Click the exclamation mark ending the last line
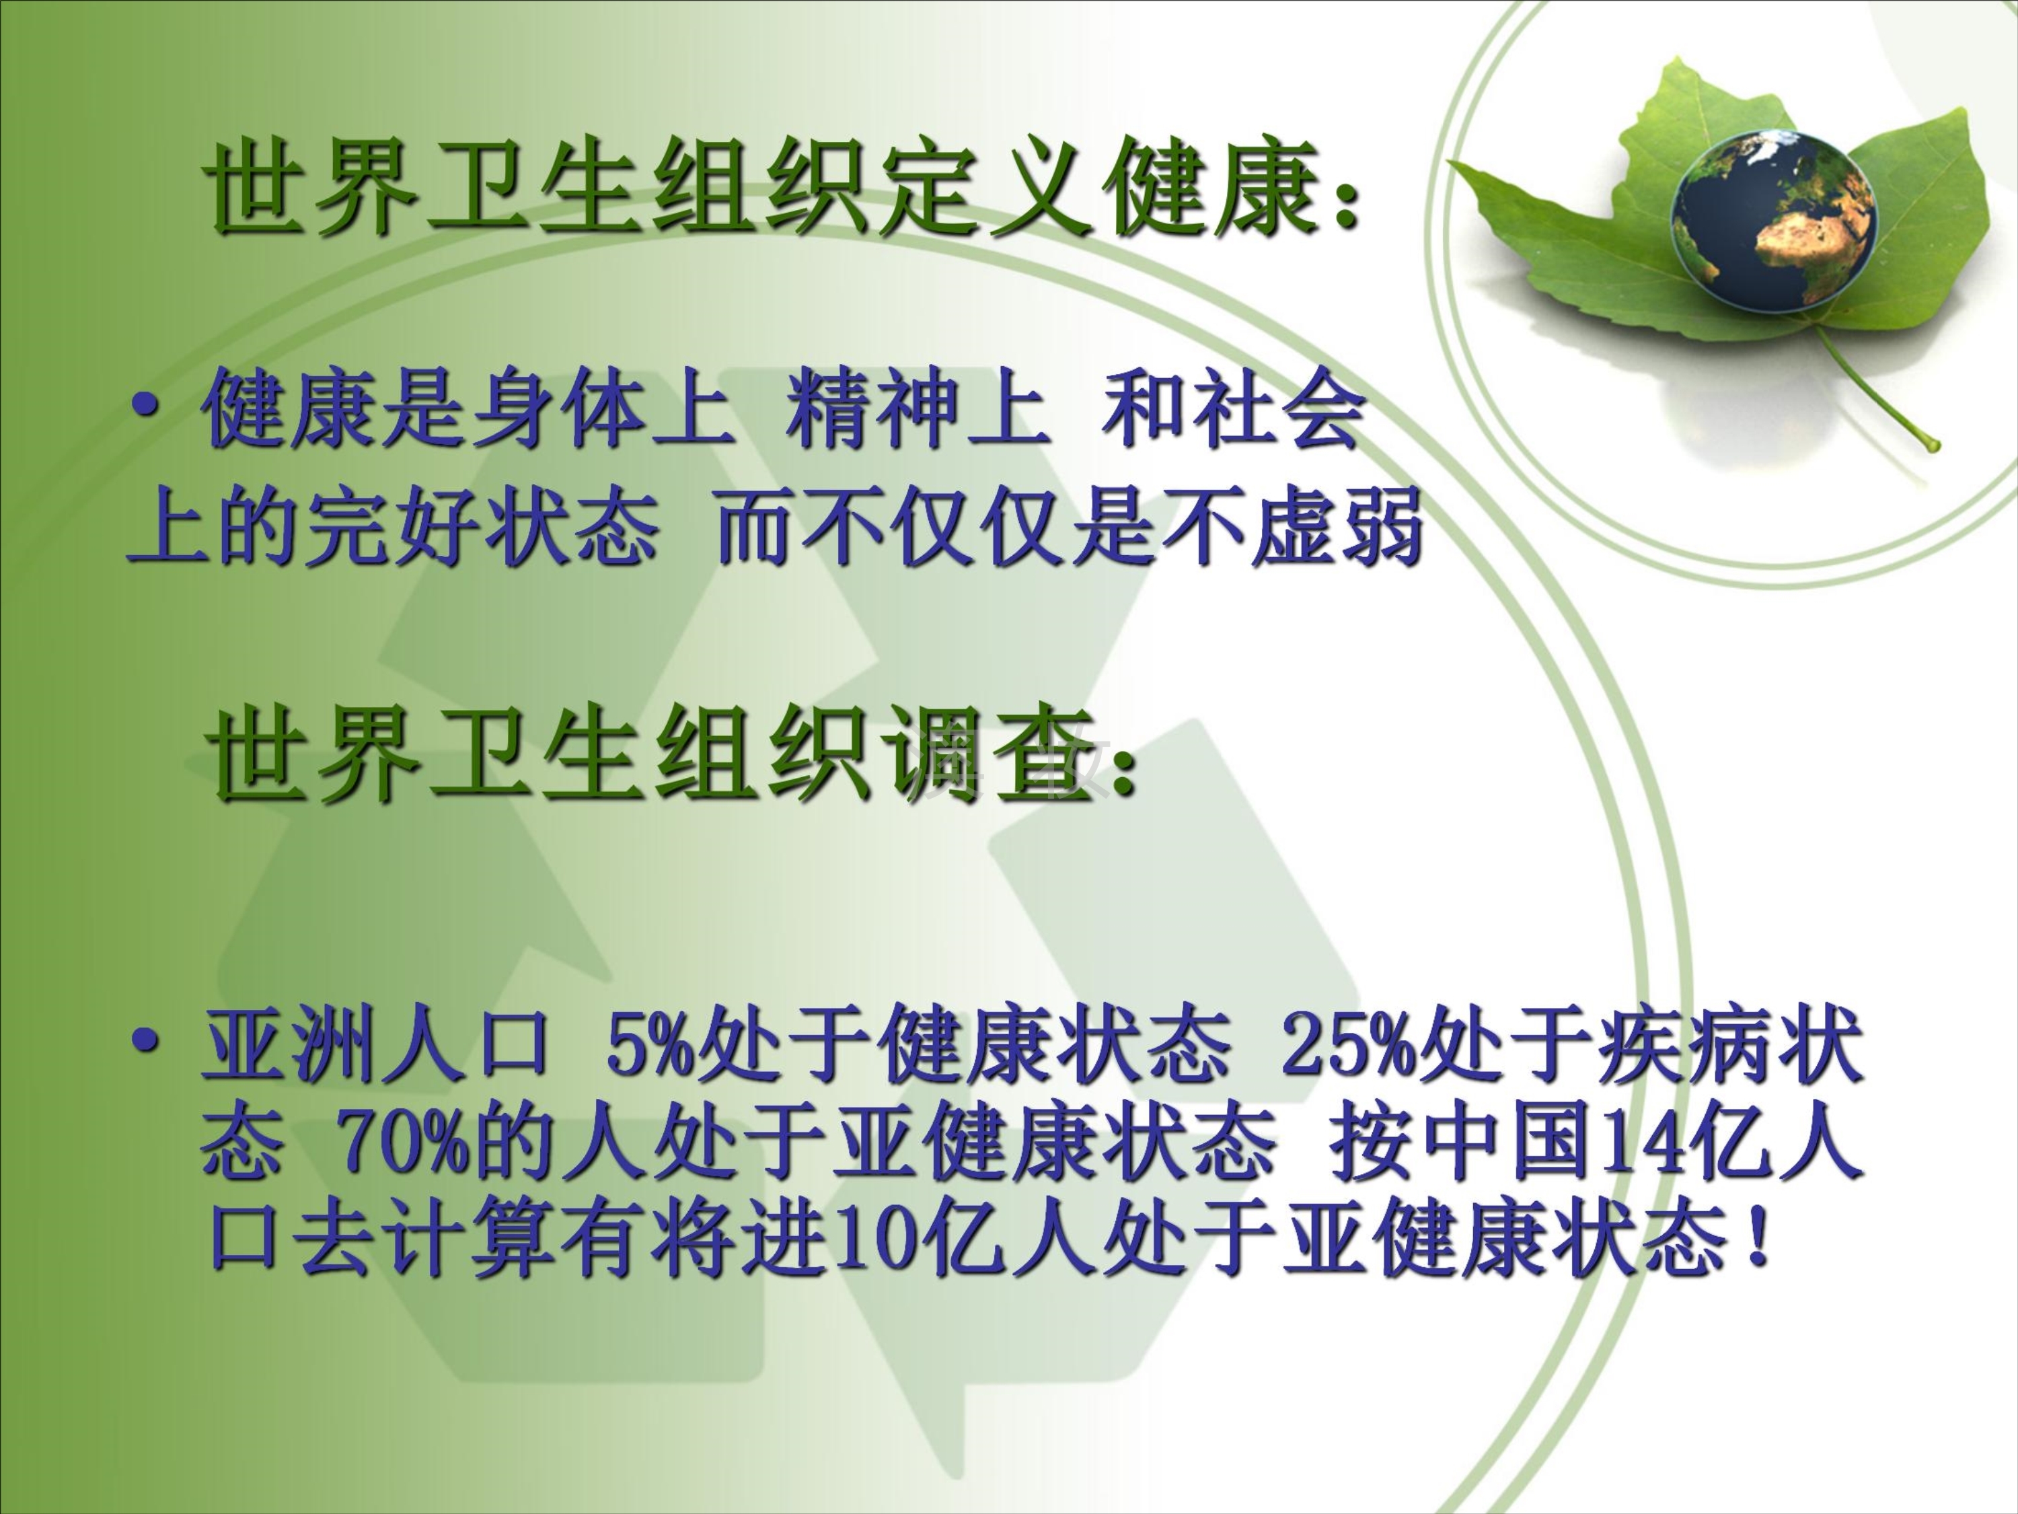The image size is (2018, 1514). (x=1754, y=1239)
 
